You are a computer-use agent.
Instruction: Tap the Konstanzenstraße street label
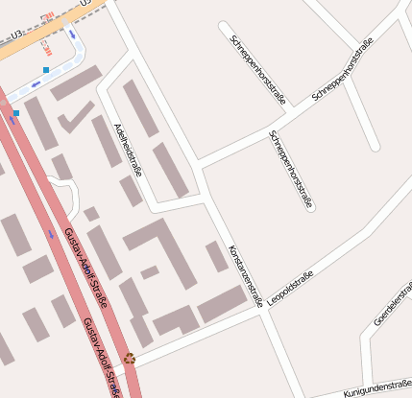[x=245, y=275]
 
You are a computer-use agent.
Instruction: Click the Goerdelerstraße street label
[x=392, y=304]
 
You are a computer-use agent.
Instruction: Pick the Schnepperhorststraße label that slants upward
[x=343, y=71]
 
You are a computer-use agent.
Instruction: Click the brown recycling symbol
[x=130, y=359]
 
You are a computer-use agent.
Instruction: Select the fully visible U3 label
[x=15, y=35]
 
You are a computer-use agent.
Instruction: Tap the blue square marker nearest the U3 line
[x=46, y=70]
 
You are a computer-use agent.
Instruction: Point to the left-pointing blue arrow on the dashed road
[x=36, y=84]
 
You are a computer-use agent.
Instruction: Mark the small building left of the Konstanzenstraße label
[x=217, y=256]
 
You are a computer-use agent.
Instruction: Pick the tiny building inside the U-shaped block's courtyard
[x=150, y=272]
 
